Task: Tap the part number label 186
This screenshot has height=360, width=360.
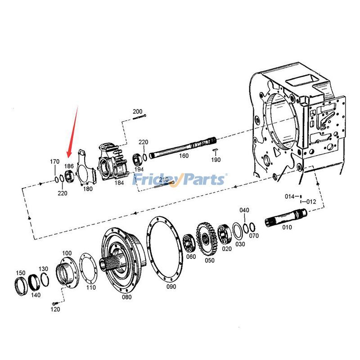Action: coord(69,166)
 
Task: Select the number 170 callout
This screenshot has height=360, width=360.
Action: coord(54,162)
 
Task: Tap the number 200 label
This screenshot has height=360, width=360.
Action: coord(137,112)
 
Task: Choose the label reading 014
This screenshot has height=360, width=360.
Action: coord(289,196)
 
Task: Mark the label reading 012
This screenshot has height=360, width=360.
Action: coord(311,202)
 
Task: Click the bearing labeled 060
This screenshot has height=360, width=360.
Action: coord(189,243)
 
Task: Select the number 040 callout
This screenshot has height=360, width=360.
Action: coord(244,210)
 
